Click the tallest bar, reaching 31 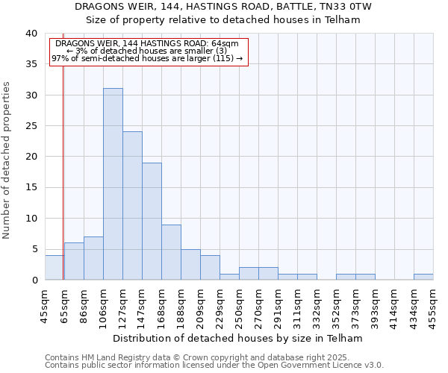tap(113, 184)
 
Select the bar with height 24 tap(132, 206)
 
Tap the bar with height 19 tap(152, 222)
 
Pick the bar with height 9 tap(171, 252)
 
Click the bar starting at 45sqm tap(55, 268)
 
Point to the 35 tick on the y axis tap(31, 64)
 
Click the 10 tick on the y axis tap(31, 219)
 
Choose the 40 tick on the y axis tap(31, 34)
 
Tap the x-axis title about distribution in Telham tap(239, 338)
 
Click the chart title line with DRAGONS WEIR tap(224, 7)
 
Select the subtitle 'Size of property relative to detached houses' tap(224, 20)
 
